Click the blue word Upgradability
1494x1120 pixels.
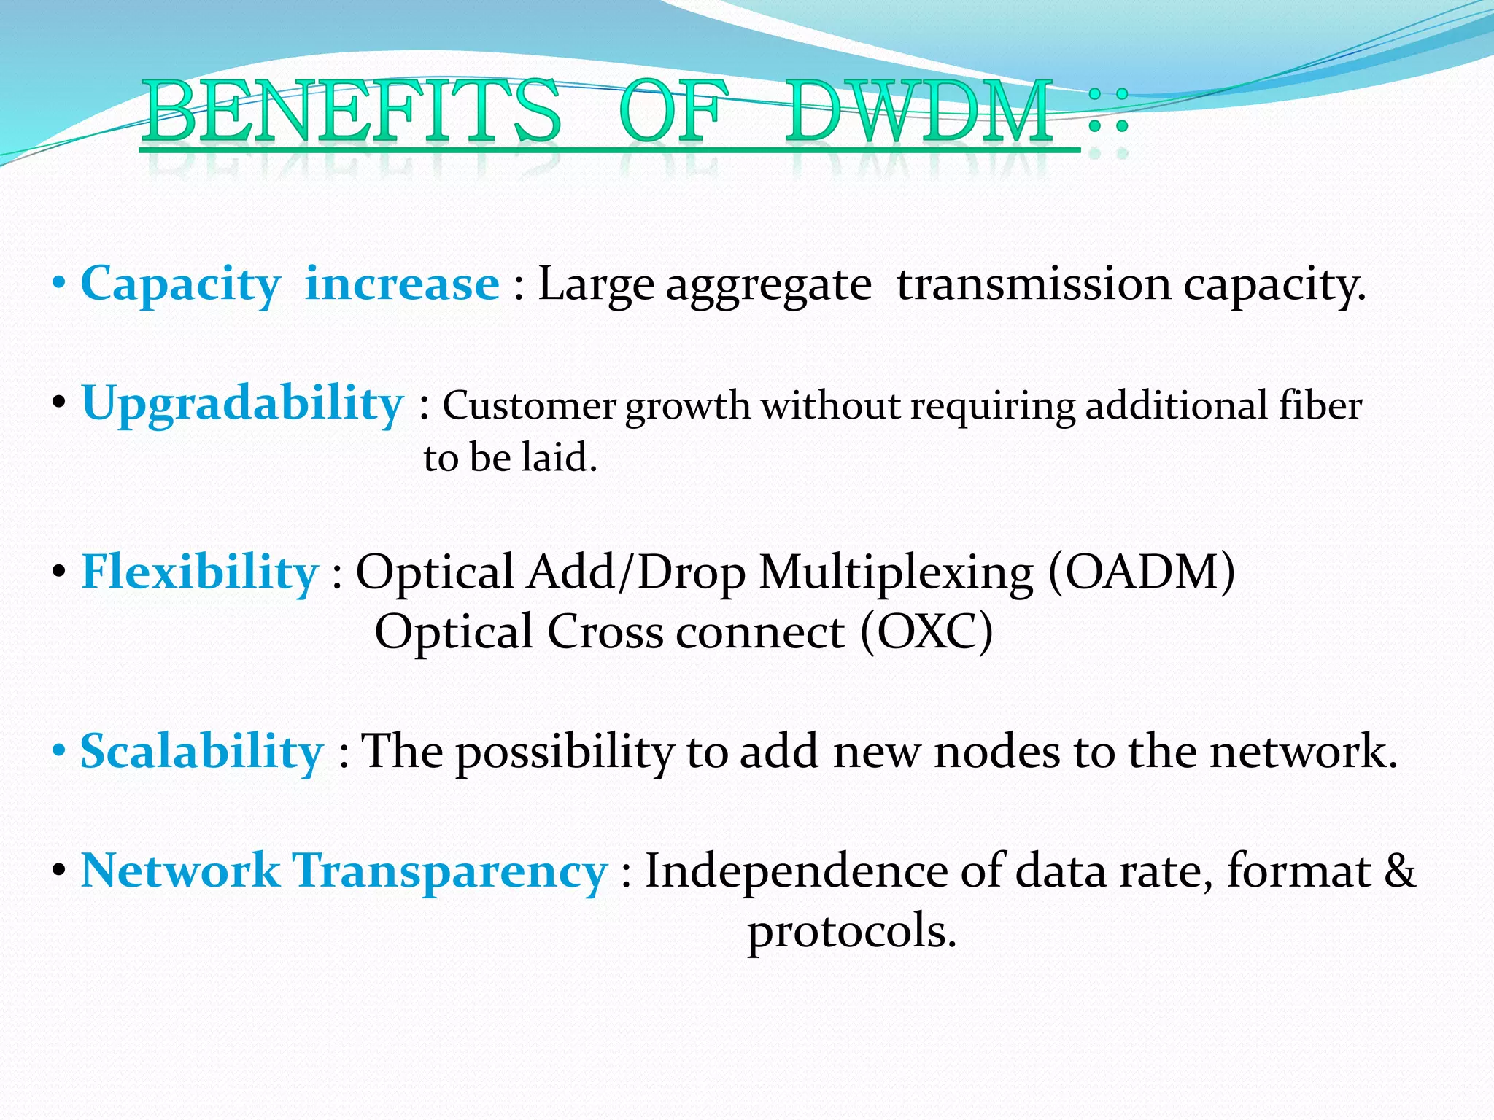point(242,403)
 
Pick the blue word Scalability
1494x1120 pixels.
point(201,751)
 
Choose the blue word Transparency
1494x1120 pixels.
point(449,871)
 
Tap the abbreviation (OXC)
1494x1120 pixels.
point(926,631)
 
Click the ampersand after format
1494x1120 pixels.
point(1399,871)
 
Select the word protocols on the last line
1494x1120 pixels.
point(851,932)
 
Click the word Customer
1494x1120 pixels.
point(529,405)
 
